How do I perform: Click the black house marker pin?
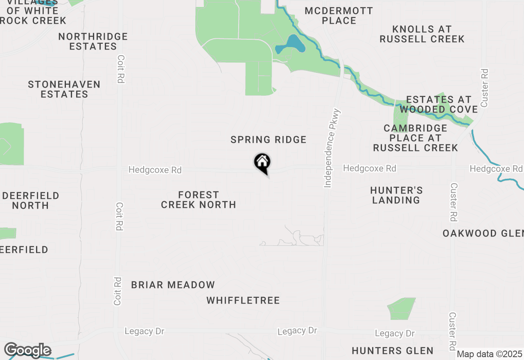262,162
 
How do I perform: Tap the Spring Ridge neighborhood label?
269,140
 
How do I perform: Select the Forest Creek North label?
199,200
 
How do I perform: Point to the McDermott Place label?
339,16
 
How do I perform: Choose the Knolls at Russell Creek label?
422,34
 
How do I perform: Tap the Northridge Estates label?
93,41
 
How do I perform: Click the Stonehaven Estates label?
64,89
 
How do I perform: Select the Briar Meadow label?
173,285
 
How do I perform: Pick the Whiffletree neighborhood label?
243,301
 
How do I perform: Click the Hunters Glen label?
393,351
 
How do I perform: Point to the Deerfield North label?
31,200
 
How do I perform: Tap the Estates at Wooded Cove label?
438,104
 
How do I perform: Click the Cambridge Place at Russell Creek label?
415,138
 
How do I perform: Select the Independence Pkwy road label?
332,148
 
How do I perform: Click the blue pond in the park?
291,45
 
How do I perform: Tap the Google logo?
27,350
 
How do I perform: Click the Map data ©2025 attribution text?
490,354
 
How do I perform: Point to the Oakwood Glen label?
483,234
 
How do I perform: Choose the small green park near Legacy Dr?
401,309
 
